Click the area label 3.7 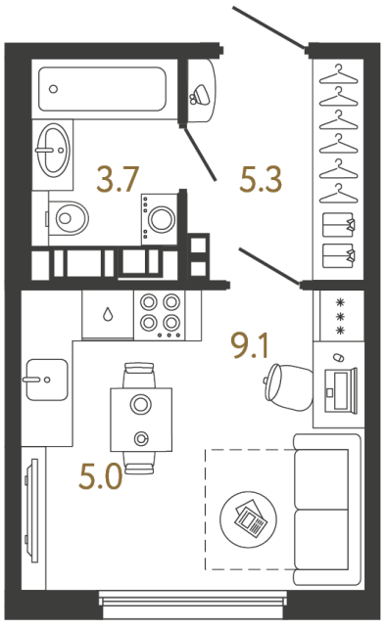118,179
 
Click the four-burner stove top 161,313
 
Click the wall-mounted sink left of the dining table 45,380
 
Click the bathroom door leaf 199,153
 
